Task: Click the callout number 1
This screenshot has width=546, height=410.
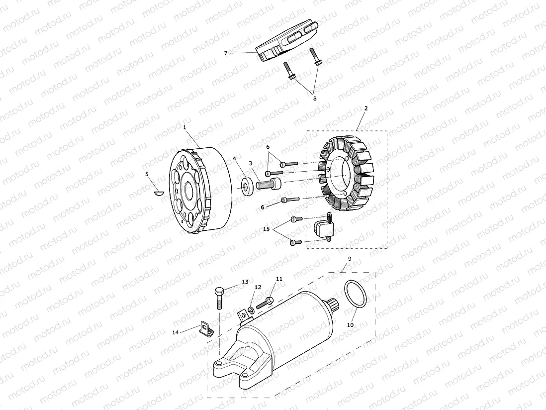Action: (x=184, y=127)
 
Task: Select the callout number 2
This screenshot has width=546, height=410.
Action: (x=366, y=108)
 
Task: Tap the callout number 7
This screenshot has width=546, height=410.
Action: (x=226, y=53)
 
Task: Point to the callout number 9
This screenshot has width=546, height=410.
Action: (x=350, y=259)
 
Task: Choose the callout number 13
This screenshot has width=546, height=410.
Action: (x=245, y=282)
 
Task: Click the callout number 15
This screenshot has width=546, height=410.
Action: (x=267, y=229)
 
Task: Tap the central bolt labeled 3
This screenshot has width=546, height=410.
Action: (x=269, y=184)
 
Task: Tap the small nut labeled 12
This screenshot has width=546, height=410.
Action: (x=251, y=311)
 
